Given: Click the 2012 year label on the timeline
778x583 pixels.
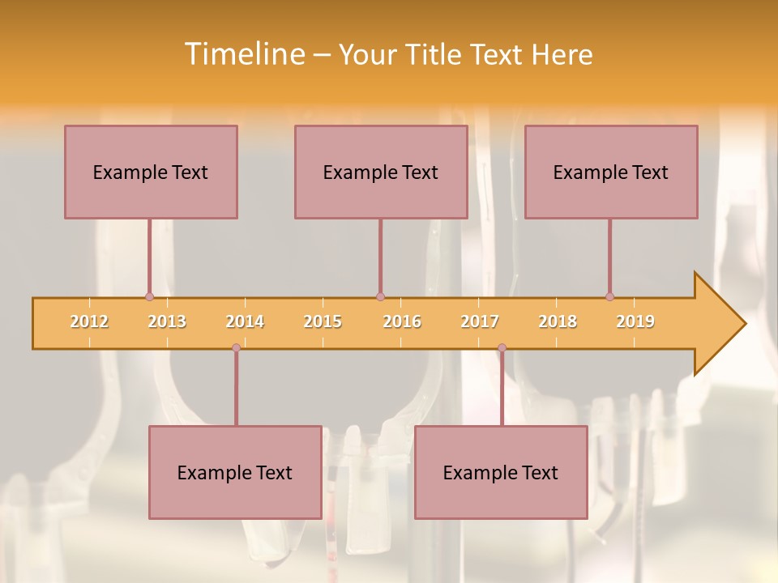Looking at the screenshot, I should point(89,321).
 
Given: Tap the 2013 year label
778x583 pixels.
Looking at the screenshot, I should point(167,321).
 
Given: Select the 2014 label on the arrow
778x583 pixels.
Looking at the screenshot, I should point(245,321).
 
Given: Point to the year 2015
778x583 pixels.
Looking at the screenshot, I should point(323,321).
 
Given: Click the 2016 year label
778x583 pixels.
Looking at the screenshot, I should point(402,321).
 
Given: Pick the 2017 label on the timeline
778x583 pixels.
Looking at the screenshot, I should point(480,321).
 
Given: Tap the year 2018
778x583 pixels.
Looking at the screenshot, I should point(558,321).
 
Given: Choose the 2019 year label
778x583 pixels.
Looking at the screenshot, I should point(635,321).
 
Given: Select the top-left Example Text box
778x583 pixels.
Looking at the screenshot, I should point(151,172).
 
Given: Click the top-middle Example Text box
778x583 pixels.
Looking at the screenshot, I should point(381,172).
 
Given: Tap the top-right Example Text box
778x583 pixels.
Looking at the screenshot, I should point(611,172).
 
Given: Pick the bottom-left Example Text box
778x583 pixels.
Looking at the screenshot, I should point(235,472).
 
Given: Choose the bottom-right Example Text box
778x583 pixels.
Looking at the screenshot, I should point(501,472).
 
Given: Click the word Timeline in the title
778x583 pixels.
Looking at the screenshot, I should point(243,54).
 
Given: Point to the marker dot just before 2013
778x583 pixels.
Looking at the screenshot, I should point(149,296).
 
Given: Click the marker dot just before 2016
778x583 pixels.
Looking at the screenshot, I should point(380,296).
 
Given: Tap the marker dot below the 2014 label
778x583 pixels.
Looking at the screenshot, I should point(236,347).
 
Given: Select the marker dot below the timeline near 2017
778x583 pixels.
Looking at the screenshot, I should point(502,347).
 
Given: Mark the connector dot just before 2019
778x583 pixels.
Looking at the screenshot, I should point(609,296).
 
